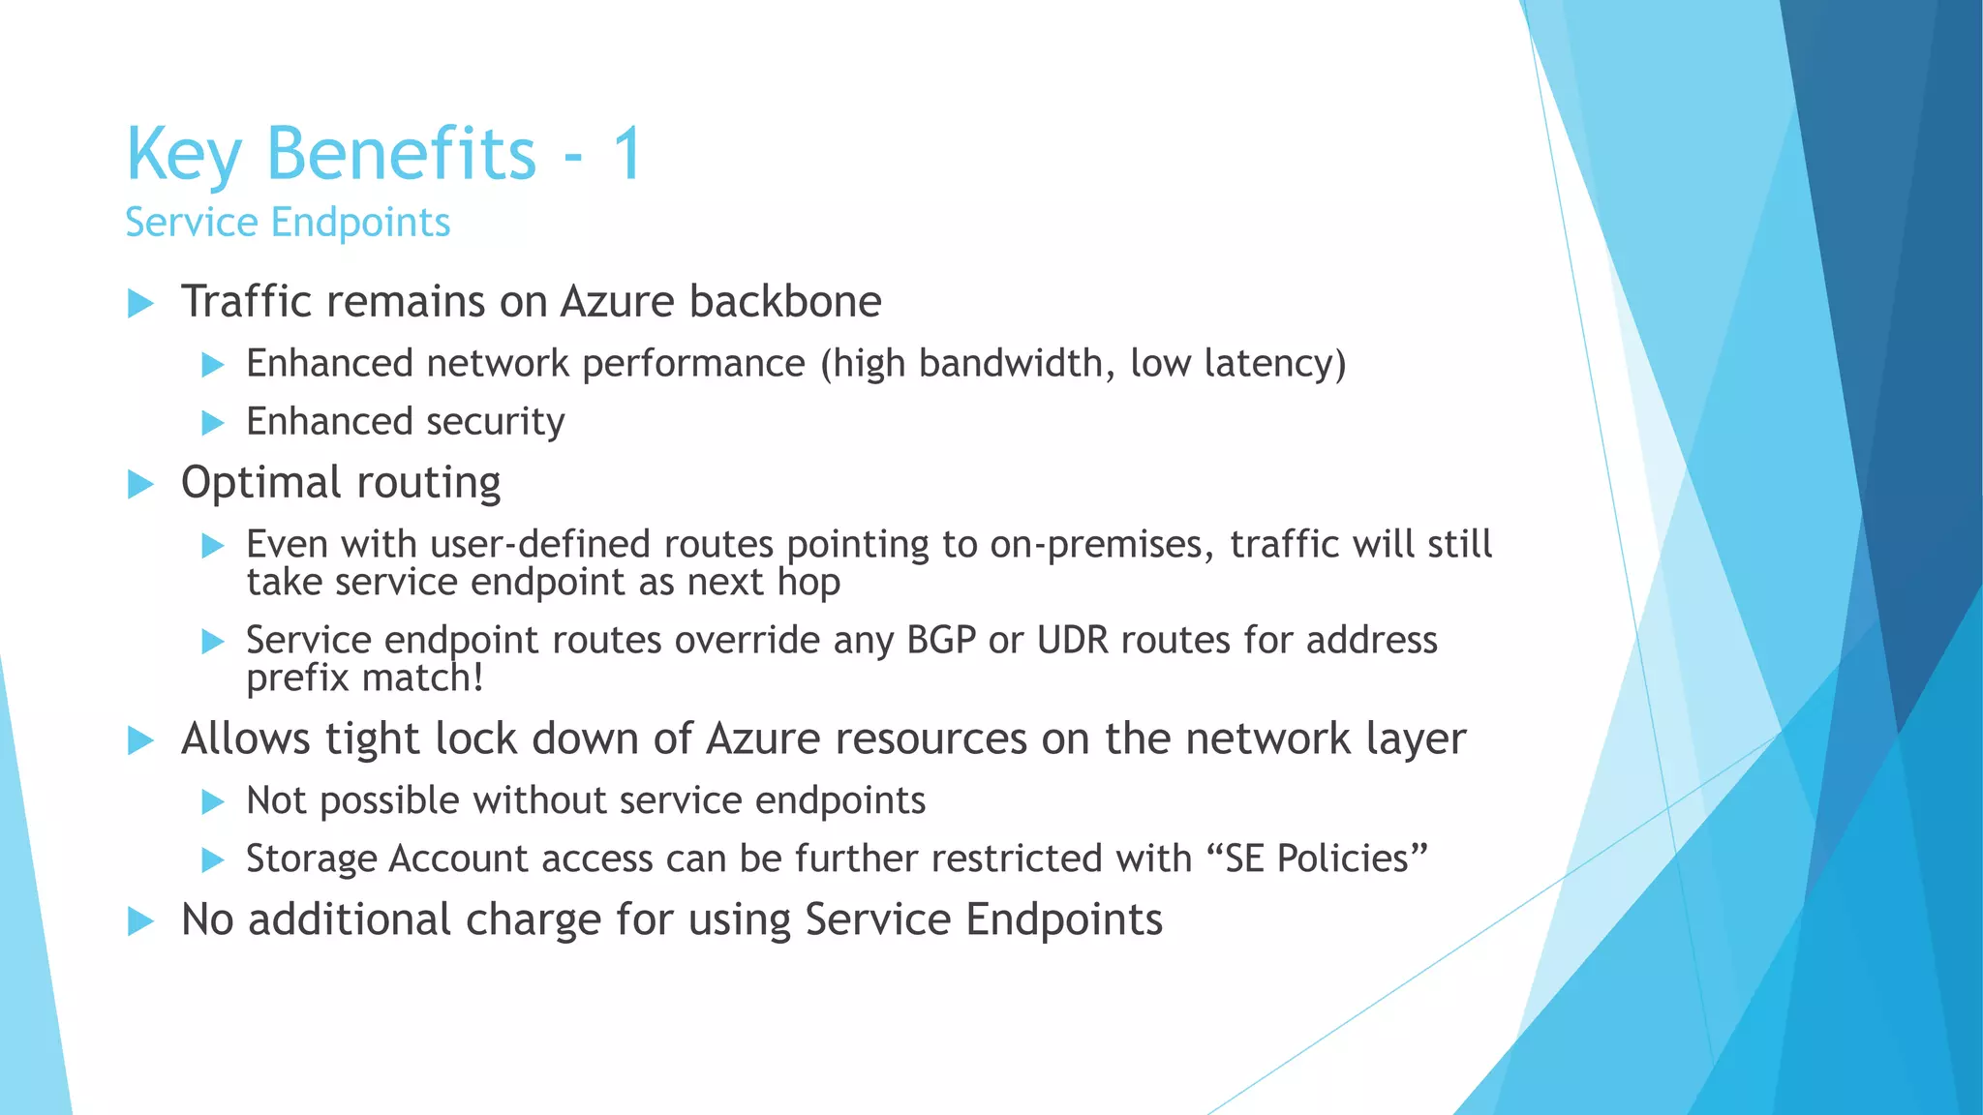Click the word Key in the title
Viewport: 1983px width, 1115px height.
tap(183, 155)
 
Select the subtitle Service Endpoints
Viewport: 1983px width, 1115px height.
tap(288, 223)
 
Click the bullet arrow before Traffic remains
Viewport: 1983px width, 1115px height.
tap(141, 303)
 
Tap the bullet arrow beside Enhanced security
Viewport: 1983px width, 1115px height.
tap(213, 423)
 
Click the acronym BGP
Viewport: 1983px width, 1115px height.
tap(940, 640)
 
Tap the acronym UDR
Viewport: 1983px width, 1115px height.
tap(1072, 640)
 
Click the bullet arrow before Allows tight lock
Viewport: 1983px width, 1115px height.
tap(141, 741)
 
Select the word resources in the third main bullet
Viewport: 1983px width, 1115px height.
tap(930, 738)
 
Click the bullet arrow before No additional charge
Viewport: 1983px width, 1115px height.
tap(141, 921)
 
